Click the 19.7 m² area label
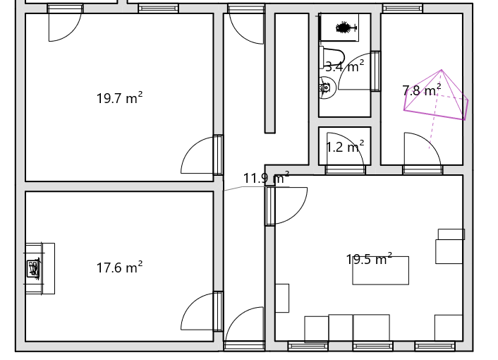point(119,98)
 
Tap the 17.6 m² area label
point(119,268)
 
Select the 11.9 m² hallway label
point(266,178)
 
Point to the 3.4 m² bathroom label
point(345,66)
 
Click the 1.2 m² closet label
point(345,147)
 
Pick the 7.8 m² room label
point(421,90)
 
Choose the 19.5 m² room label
point(369,259)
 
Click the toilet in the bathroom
point(332,57)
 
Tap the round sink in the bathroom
point(327,88)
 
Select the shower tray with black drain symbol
point(339,28)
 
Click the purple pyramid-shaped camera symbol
point(436,95)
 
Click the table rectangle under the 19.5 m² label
point(380,270)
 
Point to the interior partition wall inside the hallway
point(270,73)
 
